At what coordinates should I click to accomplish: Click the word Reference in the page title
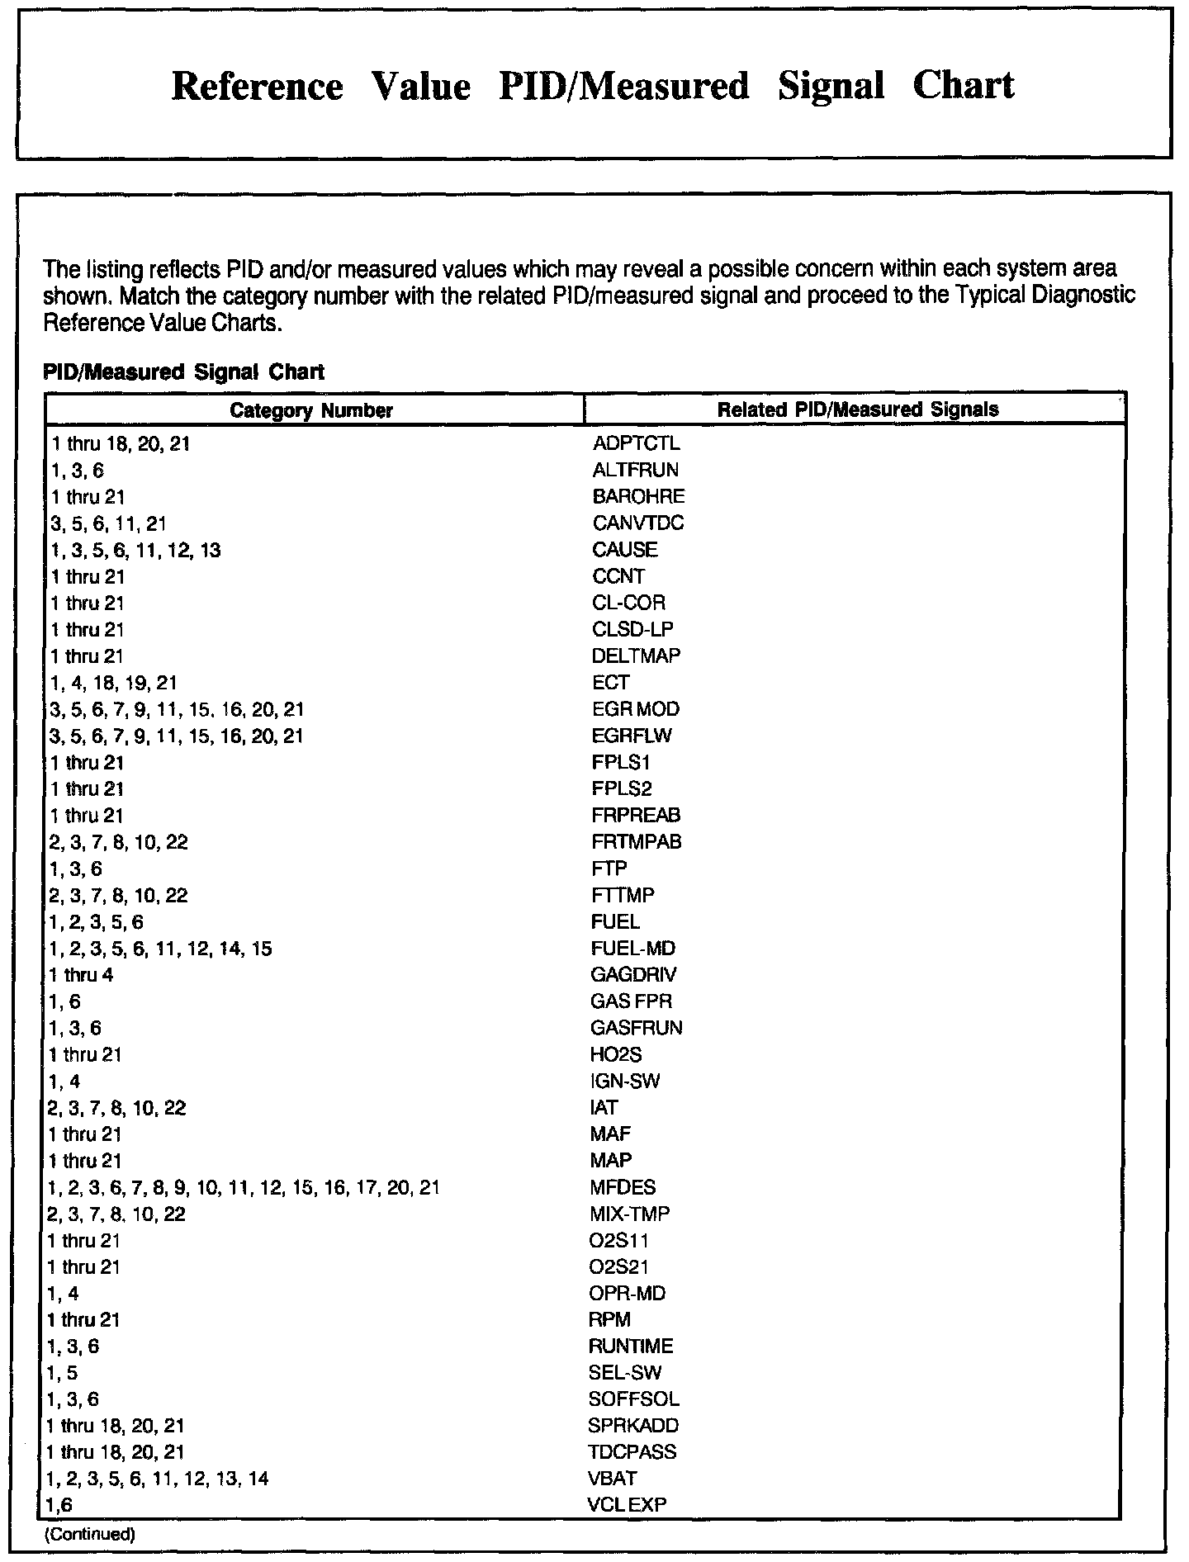click(x=257, y=87)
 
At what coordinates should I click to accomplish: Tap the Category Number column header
click(x=311, y=410)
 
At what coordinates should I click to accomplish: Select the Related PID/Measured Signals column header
click(x=857, y=409)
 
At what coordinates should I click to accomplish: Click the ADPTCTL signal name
click(x=636, y=444)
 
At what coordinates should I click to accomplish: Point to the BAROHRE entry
click(x=638, y=497)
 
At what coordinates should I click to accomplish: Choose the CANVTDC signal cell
click(x=637, y=523)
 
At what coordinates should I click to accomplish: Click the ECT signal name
click(x=610, y=683)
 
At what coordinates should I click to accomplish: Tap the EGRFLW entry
click(x=632, y=736)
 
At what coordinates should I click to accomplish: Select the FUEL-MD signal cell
click(x=632, y=949)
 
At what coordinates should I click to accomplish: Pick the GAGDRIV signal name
click(x=633, y=975)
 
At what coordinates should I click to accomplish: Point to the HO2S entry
click(x=616, y=1055)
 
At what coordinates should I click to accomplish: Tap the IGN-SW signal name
click(x=625, y=1082)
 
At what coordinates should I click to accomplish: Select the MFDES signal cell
click(x=623, y=1188)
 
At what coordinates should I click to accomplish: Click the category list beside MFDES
click(x=244, y=1188)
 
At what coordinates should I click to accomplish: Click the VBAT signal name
click(x=612, y=1479)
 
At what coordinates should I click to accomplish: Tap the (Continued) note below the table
click(x=88, y=1535)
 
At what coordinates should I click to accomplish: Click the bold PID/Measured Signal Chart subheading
click(x=183, y=372)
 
